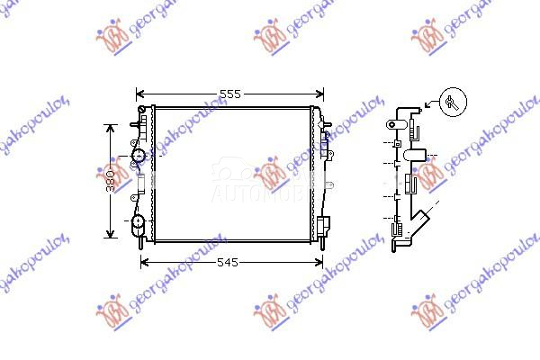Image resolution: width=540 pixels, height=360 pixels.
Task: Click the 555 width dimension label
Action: [230, 94]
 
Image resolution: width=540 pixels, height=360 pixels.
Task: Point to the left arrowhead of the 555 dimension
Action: [139, 94]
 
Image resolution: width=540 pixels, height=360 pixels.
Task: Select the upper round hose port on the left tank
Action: [139, 157]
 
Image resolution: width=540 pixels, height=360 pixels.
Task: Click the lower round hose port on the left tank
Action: [139, 221]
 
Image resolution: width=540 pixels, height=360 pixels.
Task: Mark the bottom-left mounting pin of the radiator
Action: [142, 244]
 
